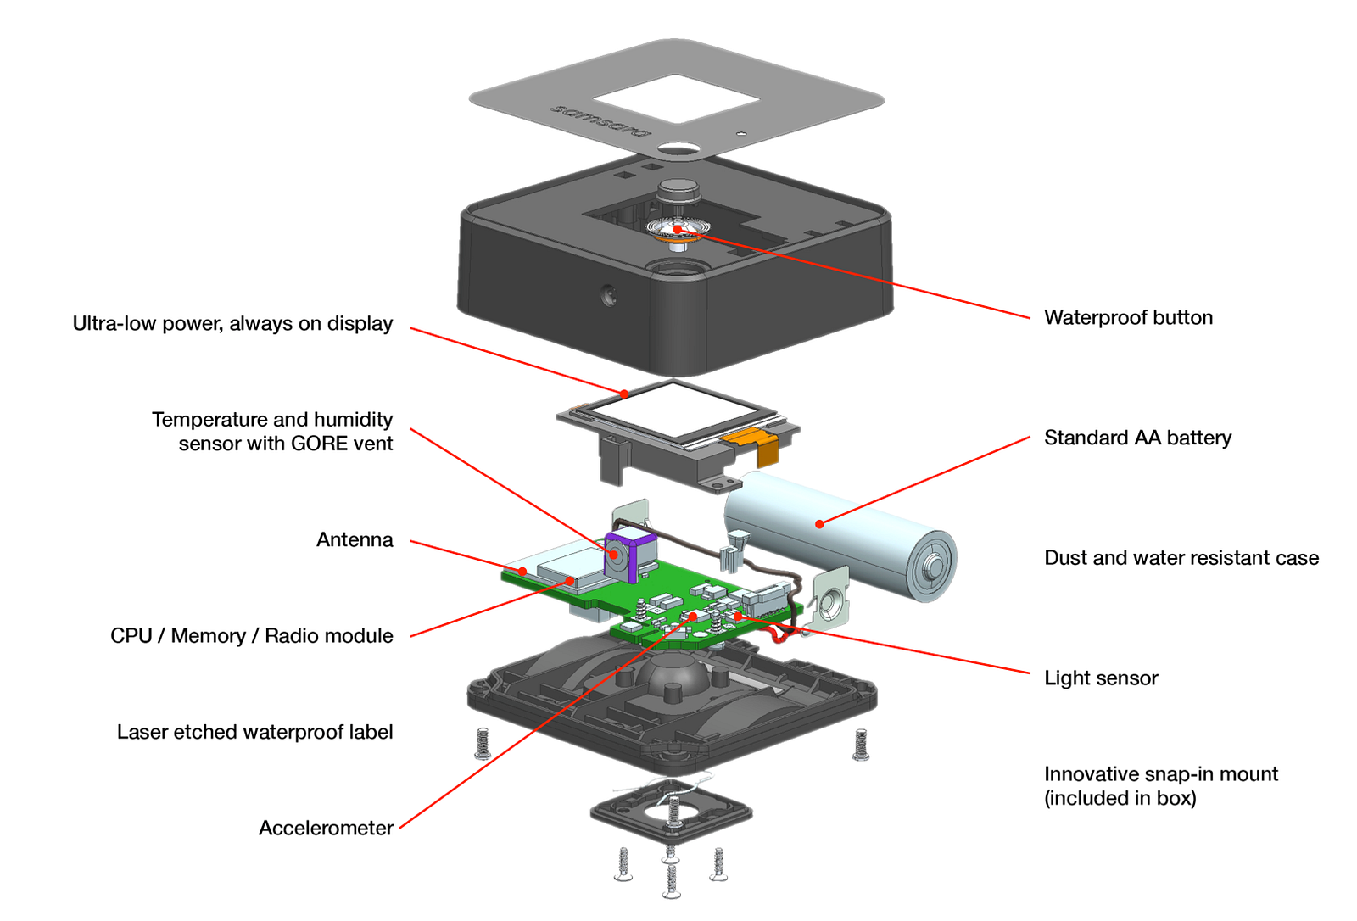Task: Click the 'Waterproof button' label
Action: coord(1128,318)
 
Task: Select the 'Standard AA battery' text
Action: coord(1137,438)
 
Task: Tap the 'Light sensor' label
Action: coord(1101,678)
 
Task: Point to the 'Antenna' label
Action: coord(355,540)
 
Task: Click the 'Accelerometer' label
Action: coord(326,829)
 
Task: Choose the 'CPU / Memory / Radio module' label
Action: coord(252,636)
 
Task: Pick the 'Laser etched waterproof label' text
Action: coord(254,733)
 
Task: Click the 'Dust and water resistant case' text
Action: coord(1181,558)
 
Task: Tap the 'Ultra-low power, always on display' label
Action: coord(232,324)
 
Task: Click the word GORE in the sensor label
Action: coord(318,444)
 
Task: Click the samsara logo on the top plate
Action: coord(600,120)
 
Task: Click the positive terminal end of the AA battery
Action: coord(933,564)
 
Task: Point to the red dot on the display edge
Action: coord(625,394)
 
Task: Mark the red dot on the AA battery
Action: coord(819,524)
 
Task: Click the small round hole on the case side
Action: coord(607,296)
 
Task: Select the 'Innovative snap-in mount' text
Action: coord(1160,775)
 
